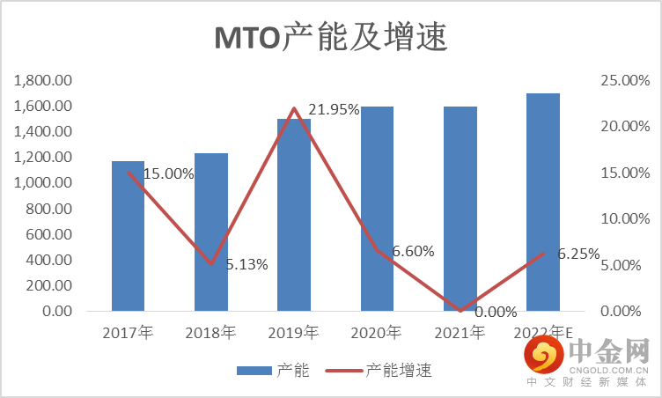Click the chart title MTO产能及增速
click(332, 37)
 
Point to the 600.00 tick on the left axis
click(49, 235)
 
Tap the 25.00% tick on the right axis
click(622, 81)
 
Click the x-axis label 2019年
click(295, 333)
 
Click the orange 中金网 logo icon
click(544, 356)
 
